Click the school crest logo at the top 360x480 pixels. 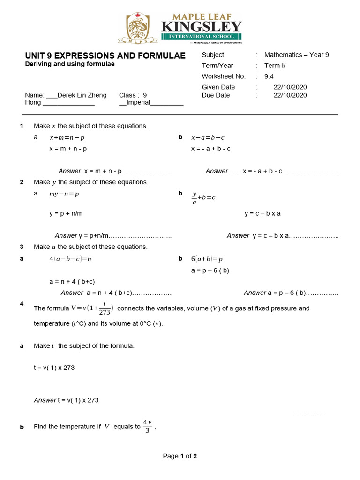click(139, 28)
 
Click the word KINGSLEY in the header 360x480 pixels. click(201, 26)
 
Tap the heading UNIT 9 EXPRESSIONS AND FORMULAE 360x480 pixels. click(105, 56)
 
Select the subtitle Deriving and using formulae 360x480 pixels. click(69, 64)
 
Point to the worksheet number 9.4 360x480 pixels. click(269, 76)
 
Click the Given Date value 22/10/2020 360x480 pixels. click(290, 87)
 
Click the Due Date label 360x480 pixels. click(216, 95)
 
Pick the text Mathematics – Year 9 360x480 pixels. click(296, 55)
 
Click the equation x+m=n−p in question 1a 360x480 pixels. click(67, 138)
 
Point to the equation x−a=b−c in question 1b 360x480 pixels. click(208, 138)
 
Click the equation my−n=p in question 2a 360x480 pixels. click(64, 194)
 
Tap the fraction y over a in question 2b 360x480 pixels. click(194, 197)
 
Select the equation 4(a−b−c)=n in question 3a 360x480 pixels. click(70, 259)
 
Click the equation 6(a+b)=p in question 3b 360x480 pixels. click(207, 259)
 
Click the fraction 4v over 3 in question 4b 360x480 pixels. click(147, 427)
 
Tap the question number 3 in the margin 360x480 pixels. click(22, 247)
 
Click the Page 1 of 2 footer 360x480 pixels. click(180, 456)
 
